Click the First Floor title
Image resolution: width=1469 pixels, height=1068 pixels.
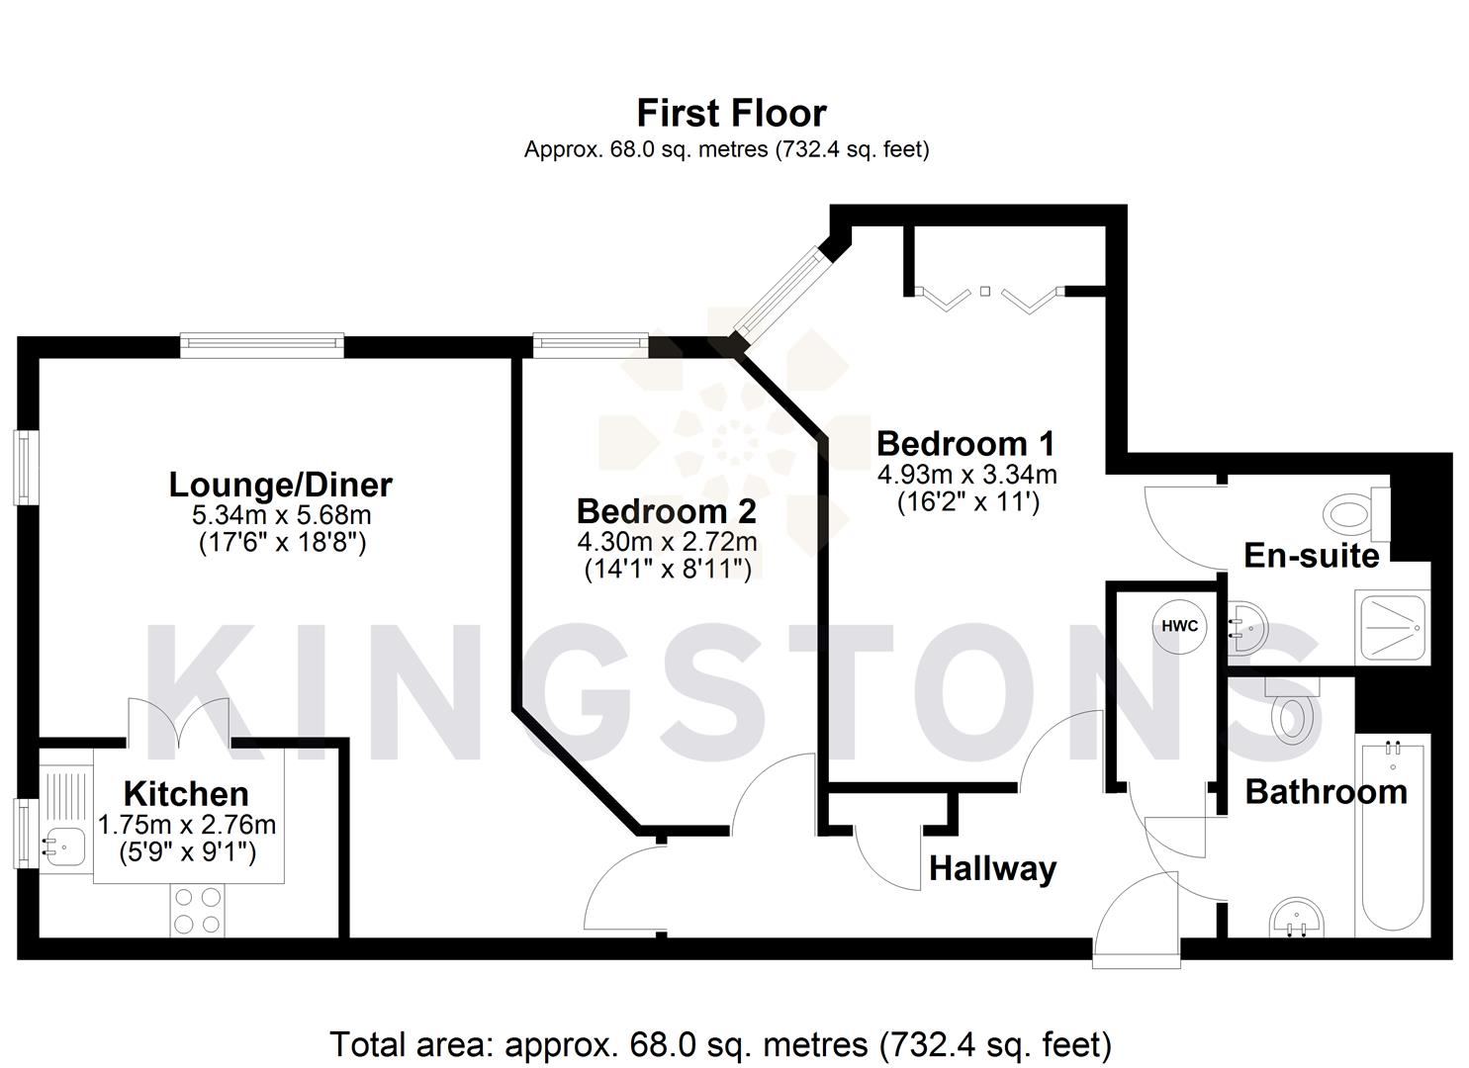tap(731, 113)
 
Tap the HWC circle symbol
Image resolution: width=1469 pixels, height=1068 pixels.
tap(1179, 626)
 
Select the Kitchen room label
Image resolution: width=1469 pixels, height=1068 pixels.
tap(186, 793)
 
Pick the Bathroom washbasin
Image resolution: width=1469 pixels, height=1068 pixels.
tap(1295, 919)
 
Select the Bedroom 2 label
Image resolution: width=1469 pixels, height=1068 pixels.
tap(666, 511)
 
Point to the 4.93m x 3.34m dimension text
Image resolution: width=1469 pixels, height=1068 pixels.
tap(966, 475)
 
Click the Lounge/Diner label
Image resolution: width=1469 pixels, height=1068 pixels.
tap(280, 485)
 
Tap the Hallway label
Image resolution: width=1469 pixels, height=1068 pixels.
tap(992, 868)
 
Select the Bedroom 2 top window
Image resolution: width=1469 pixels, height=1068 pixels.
tap(591, 345)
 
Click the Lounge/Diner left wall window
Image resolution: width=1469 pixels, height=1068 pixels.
tap(27, 467)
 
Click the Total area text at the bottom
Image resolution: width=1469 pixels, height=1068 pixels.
tap(719, 1044)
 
